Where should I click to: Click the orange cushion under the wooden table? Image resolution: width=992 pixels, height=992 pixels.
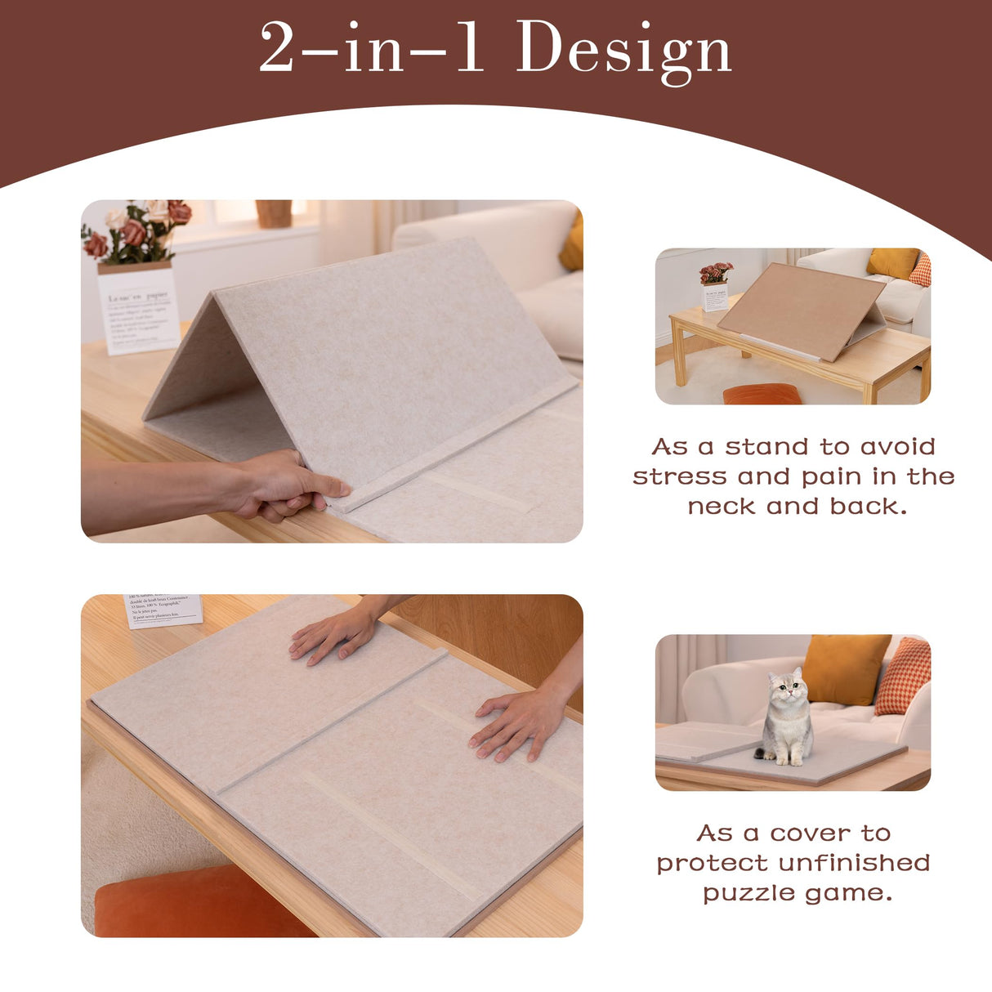pos(196,903)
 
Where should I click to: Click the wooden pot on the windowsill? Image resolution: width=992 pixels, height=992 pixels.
pos(274,213)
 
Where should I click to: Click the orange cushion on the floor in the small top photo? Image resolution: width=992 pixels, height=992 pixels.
pos(762,395)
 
